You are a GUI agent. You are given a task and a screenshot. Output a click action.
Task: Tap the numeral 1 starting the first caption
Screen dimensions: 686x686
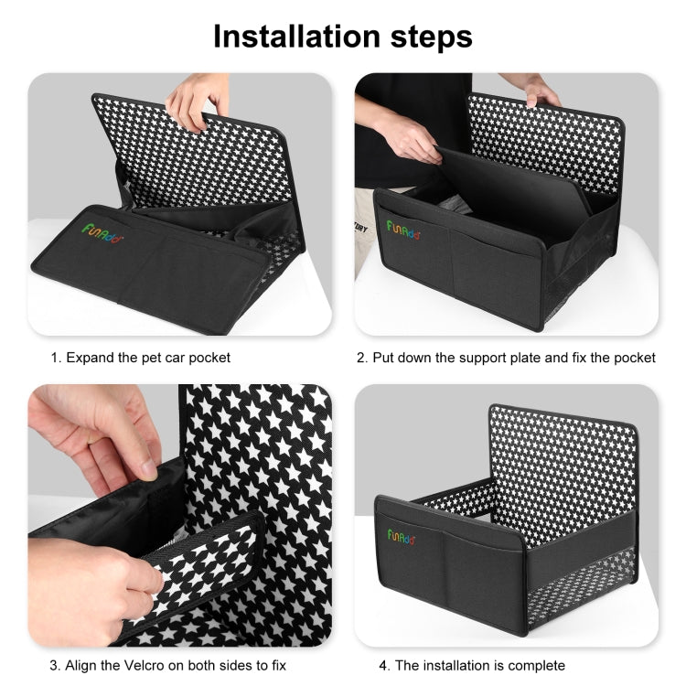pos(54,358)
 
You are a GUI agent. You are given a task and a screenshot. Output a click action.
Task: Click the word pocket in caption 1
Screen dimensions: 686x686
pos(209,358)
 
